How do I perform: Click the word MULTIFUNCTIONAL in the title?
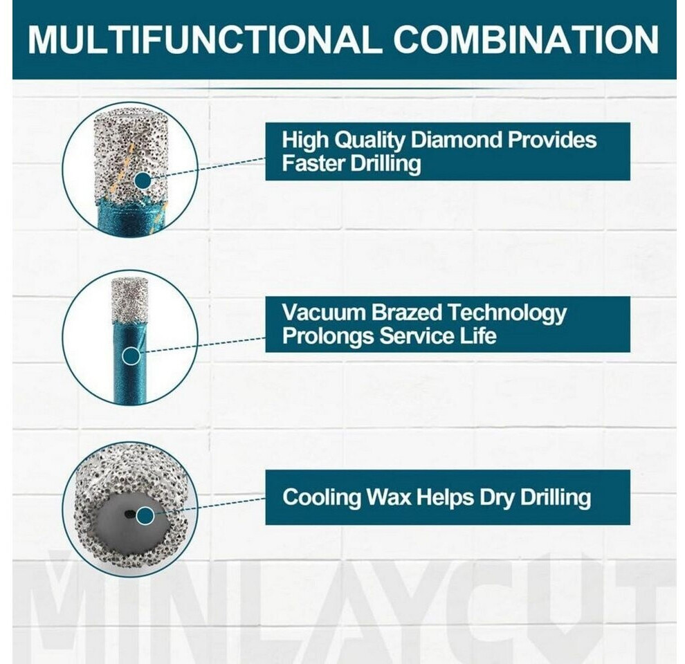point(202,39)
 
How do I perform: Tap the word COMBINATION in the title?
point(526,39)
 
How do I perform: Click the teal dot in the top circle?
point(143,181)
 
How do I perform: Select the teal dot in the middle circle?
point(131,356)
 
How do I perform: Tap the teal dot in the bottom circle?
point(145,515)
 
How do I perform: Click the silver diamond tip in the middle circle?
point(129,299)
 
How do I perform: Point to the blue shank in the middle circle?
point(129,362)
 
